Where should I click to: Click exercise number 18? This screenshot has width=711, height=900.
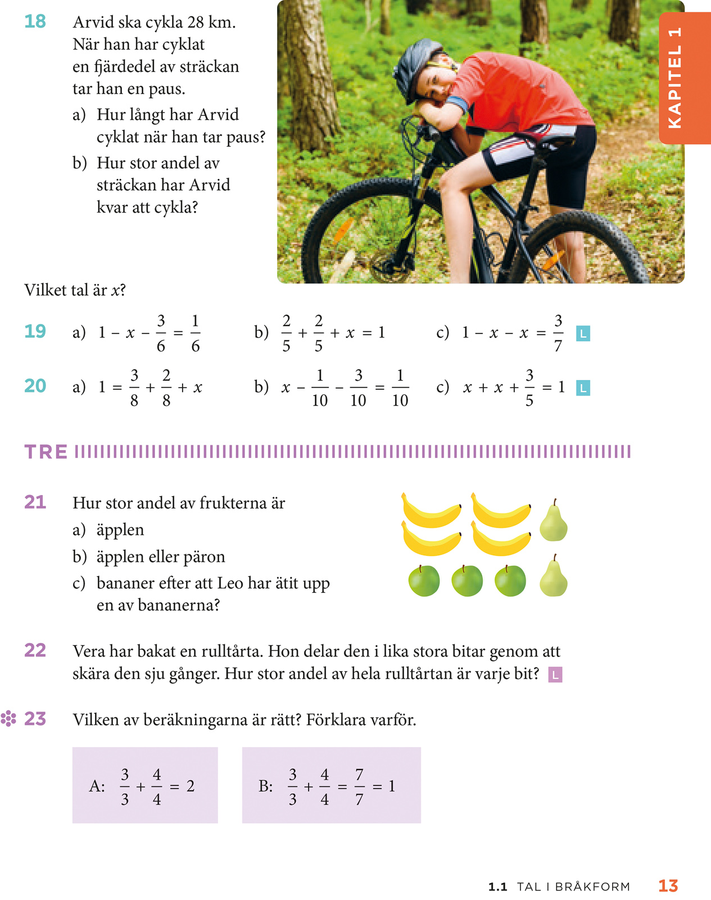(35, 22)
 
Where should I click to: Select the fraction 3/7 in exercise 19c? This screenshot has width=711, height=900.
(558, 333)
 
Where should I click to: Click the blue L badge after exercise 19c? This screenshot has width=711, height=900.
(583, 334)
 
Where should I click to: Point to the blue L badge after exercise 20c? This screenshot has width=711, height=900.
(583, 388)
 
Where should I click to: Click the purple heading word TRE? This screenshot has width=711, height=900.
(46, 452)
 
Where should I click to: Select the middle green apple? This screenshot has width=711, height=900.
(467, 580)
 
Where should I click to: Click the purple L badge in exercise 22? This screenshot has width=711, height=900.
(555, 674)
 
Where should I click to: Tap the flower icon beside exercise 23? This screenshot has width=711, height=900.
(8, 719)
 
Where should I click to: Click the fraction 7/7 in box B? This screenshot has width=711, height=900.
(359, 787)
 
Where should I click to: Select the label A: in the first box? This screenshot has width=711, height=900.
(97, 786)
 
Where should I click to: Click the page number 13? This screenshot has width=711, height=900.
(668, 886)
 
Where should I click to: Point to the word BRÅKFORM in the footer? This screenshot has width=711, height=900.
(592, 887)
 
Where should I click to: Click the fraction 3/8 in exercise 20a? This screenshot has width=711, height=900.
(134, 388)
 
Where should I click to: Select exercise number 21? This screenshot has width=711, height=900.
(35, 502)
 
